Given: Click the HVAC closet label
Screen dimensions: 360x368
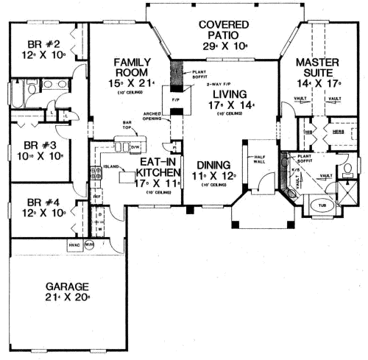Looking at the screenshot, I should (74, 245).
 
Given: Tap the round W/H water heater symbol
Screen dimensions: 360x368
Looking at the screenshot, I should (90, 245).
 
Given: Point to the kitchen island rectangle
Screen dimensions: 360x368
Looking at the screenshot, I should (126, 177).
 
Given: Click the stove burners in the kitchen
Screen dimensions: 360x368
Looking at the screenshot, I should (95, 174).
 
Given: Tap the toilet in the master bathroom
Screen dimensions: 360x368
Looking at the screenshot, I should (347, 170).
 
